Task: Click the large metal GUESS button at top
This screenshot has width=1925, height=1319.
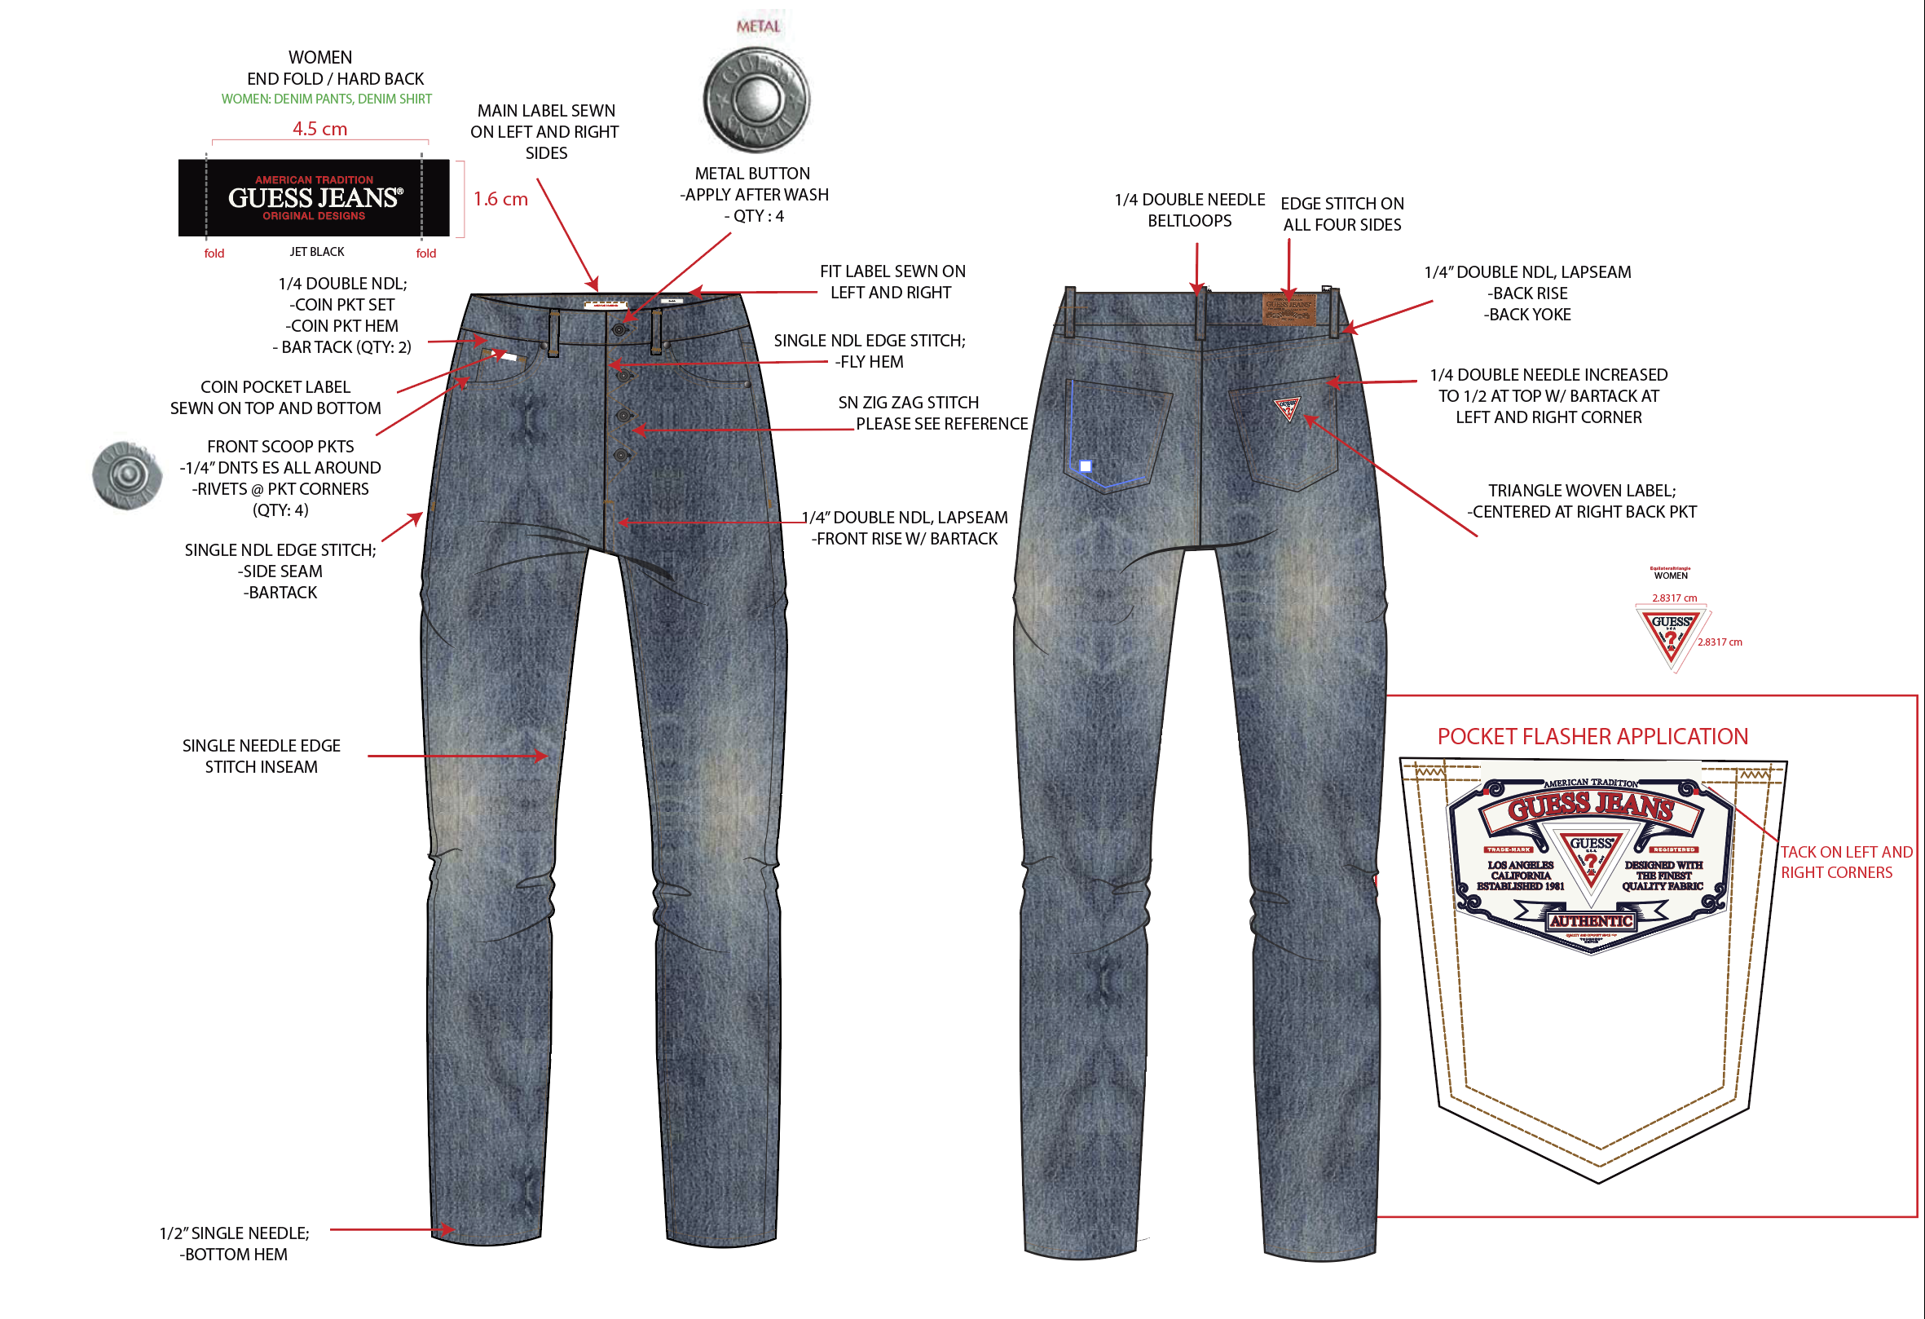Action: [x=756, y=99]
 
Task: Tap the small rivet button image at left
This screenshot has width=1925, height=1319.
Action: [x=127, y=475]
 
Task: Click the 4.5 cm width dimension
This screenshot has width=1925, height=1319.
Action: [x=319, y=130]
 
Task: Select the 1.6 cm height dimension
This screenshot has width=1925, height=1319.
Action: [x=500, y=199]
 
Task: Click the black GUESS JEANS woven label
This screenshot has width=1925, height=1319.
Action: [x=314, y=198]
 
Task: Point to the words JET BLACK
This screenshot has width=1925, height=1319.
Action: [x=316, y=252]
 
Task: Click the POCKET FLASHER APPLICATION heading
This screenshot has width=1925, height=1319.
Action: [x=1592, y=737]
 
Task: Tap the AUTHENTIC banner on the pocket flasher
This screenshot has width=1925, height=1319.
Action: [x=1591, y=920]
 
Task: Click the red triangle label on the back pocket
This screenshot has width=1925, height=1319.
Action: [x=1288, y=408]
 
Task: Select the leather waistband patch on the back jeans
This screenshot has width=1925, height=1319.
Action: [x=1288, y=308]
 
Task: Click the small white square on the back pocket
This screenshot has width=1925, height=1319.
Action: [x=1086, y=466]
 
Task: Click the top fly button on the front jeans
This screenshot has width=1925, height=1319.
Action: [x=619, y=329]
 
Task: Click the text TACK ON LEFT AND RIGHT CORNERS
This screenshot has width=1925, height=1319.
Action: [x=1846, y=862]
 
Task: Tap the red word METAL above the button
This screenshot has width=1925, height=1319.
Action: [x=758, y=27]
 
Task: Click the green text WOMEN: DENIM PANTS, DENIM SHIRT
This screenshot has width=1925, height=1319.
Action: [x=326, y=99]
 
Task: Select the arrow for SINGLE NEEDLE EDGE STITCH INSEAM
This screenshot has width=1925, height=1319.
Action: [x=456, y=757]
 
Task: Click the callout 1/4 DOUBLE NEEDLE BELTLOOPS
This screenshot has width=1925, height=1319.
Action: [x=1189, y=210]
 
